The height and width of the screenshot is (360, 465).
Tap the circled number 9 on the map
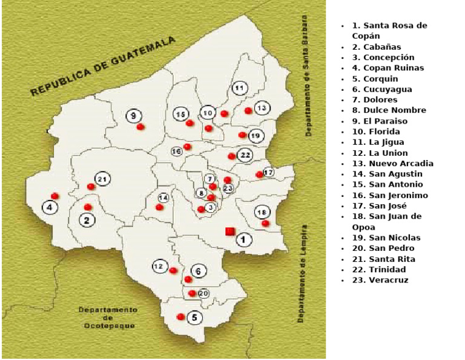tap(134, 115)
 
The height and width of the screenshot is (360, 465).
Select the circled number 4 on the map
tap(50, 207)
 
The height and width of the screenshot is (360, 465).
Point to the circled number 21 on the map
tap(102, 179)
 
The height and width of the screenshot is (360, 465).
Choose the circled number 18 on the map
tap(262, 212)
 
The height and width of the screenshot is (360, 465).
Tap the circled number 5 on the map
tap(194, 317)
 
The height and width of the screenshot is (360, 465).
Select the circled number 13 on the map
tap(262, 108)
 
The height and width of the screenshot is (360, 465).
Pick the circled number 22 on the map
tap(245, 155)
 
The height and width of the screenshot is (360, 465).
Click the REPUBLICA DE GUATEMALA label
tap(103, 66)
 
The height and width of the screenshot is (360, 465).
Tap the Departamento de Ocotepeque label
tap(108, 318)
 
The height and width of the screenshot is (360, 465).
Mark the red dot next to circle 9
tap(140, 127)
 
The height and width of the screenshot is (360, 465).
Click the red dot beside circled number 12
tap(173, 270)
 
